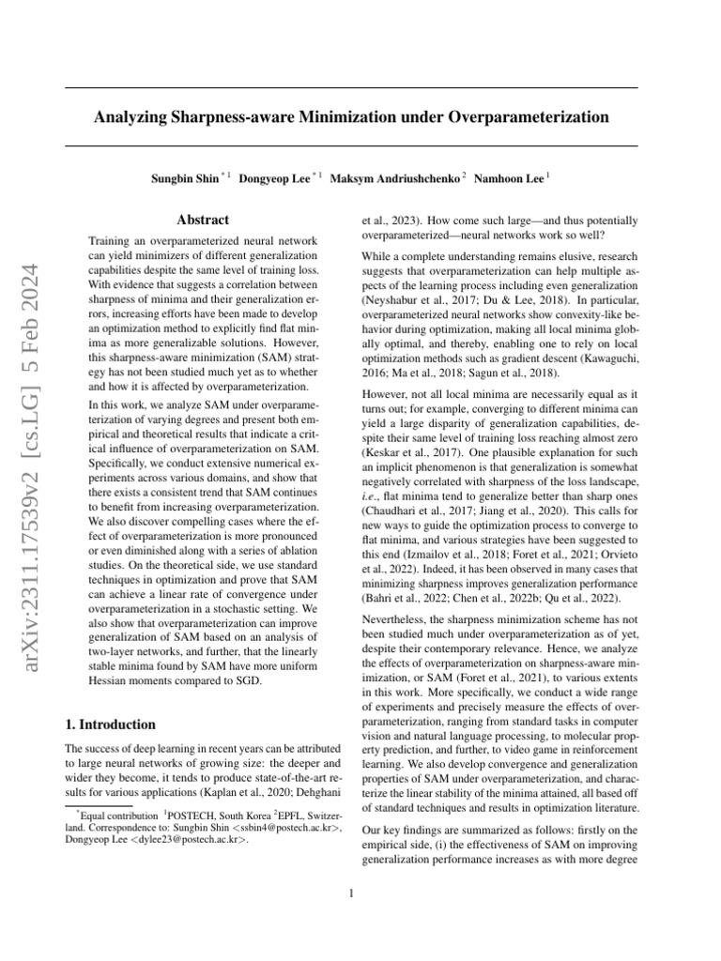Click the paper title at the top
click(x=350, y=117)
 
